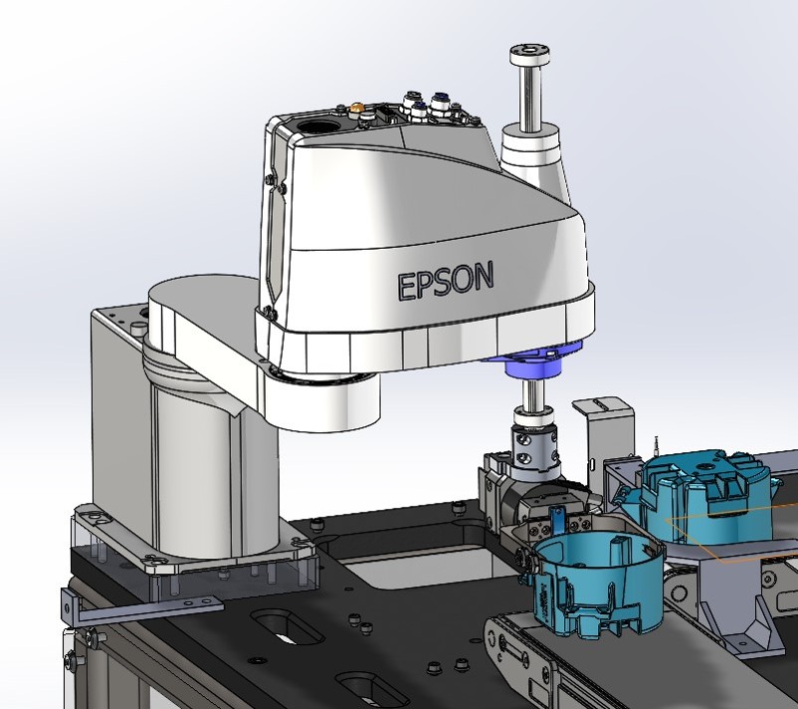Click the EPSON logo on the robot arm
click(446, 280)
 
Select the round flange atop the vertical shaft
click(530, 54)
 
